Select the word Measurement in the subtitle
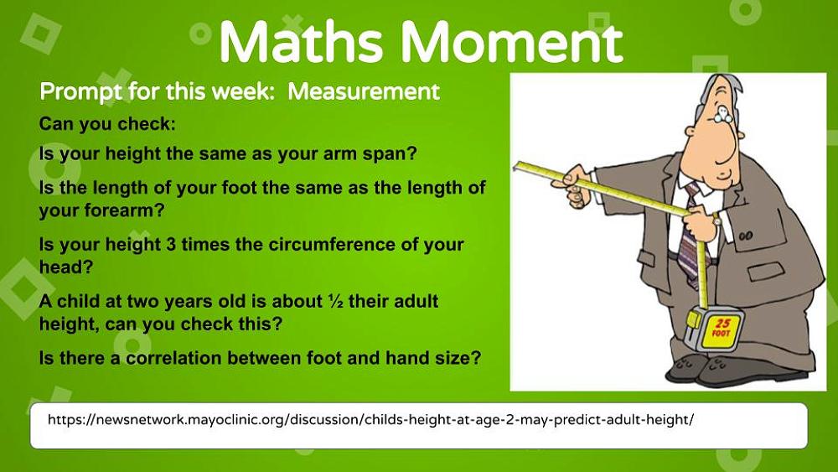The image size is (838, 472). coord(364,92)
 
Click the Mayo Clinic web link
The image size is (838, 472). coord(370,419)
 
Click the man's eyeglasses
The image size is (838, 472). coord(724,112)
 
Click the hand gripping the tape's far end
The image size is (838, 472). coord(573,185)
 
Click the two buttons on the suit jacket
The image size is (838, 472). coord(746,236)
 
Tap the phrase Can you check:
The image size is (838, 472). coord(107,125)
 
